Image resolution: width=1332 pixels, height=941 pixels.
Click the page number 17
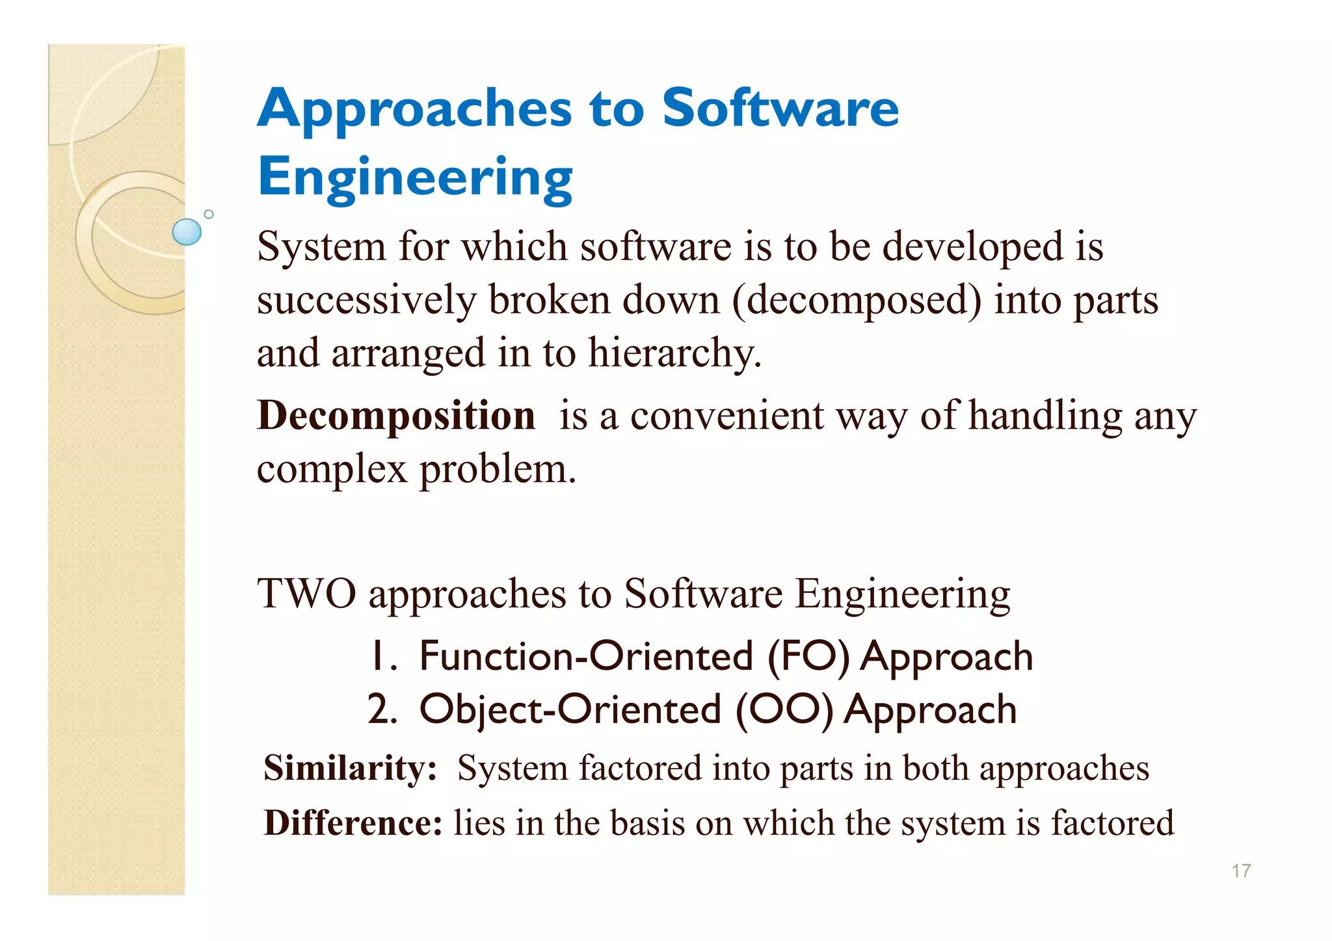click(1241, 871)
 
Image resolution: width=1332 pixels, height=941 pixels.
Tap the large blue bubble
click(187, 232)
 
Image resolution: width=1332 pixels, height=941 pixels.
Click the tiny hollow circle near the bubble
click(209, 214)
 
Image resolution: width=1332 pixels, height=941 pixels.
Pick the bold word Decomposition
click(396, 416)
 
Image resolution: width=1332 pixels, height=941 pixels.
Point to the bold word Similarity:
click(350, 768)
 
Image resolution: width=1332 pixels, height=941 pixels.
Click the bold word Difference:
click(353, 823)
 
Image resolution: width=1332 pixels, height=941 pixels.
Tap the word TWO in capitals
click(307, 594)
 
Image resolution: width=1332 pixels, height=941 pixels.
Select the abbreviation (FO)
click(809, 656)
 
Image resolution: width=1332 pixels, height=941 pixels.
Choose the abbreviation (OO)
click(784, 709)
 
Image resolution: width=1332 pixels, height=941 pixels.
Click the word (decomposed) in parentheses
click(857, 300)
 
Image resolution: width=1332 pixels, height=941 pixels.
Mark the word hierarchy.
click(674, 353)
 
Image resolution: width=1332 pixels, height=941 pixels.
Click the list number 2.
click(382, 709)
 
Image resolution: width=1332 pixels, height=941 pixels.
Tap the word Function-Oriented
click(586, 656)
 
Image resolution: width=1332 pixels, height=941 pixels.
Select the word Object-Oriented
click(570, 709)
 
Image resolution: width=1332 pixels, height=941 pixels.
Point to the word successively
click(367, 300)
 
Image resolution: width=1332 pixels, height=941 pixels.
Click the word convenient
click(727, 416)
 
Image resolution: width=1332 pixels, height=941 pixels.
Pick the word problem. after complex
click(498, 469)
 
